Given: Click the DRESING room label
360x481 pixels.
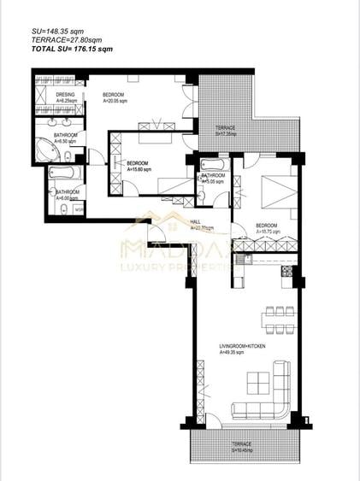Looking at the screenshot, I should [x=66, y=94].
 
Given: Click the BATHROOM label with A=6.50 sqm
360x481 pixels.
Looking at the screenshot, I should [x=66, y=136].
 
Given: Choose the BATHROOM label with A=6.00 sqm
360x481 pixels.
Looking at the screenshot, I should [x=68, y=192].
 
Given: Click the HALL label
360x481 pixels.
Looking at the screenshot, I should [x=197, y=221].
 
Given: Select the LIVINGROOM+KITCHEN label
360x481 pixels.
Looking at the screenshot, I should [x=242, y=346].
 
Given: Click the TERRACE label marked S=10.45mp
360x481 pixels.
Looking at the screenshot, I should [x=242, y=444].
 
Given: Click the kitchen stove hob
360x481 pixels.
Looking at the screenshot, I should [x=287, y=271].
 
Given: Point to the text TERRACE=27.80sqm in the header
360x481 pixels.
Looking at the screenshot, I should [x=64, y=40].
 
